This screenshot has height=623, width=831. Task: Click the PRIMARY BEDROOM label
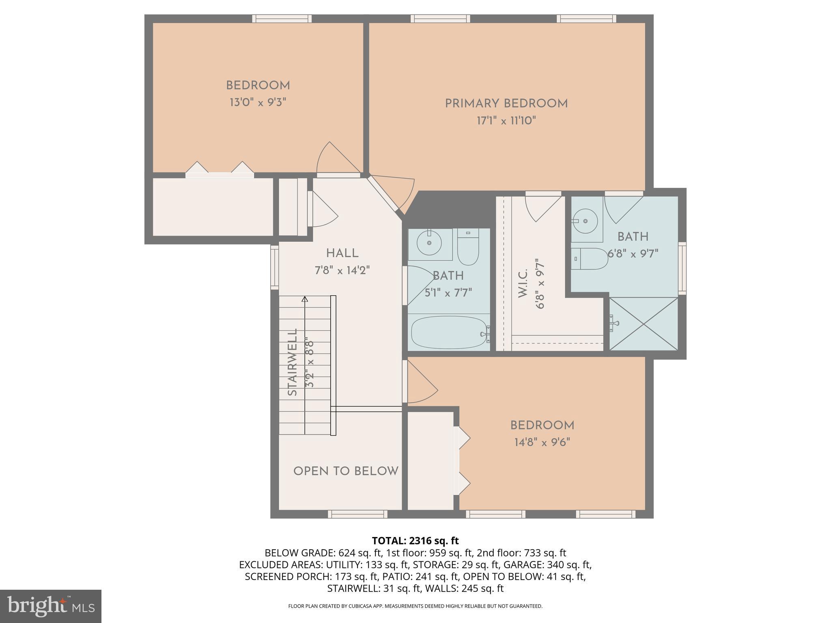pyautogui.click(x=506, y=103)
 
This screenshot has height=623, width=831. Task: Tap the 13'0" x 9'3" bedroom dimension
pyautogui.click(x=258, y=102)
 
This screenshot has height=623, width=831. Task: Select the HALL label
pyautogui.click(x=342, y=253)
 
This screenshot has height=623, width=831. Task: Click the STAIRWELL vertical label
pyautogui.click(x=293, y=362)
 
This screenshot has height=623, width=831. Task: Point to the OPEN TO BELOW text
pyautogui.click(x=346, y=471)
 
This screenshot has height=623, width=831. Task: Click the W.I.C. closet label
pyautogui.click(x=523, y=283)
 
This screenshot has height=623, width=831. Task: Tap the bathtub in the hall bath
pyautogui.click(x=449, y=333)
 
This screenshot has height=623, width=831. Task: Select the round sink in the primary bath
pyautogui.click(x=585, y=221)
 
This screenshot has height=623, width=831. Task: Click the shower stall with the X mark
pyautogui.click(x=644, y=324)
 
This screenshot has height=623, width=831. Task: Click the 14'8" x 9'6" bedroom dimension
pyautogui.click(x=542, y=442)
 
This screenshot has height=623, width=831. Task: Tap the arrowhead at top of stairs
pyautogui.click(x=305, y=299)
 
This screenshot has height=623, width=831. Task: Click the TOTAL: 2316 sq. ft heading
pyautogui.click(x=415, y=541)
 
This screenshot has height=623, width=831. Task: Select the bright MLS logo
pyautogui.click(x=50, y=606)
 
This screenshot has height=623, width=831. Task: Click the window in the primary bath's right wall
pyautogui.click(x=682, y=268)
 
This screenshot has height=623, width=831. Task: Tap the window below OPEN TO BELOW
pyautogui.click(x=357, y=514)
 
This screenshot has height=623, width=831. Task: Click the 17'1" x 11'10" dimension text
pyautogui.click(x=506, y=121)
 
